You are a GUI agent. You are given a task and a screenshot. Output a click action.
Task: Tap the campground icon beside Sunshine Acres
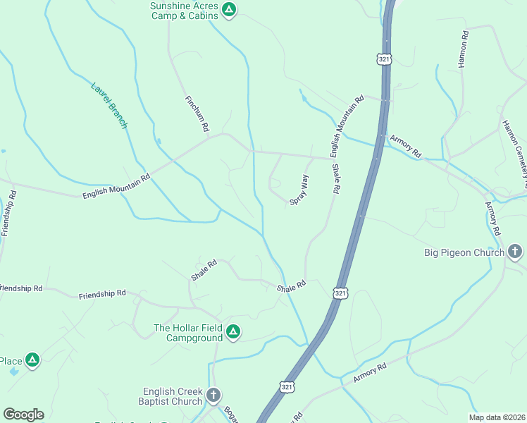point(228,9)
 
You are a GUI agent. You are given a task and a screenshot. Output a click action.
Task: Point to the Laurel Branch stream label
point(109,106)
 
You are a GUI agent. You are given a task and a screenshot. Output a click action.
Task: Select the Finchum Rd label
point(197,114)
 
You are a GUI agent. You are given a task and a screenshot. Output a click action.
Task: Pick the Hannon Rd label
point(463,49)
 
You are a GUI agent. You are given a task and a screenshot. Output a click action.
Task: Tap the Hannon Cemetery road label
point(514,148)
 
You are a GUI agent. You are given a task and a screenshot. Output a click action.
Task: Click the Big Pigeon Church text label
point(464,252)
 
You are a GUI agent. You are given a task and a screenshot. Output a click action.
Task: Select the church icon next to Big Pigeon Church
point(515,251)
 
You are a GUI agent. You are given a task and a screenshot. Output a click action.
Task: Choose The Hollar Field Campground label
point(188,333)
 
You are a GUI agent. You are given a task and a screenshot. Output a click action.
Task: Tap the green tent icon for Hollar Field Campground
point(233,331)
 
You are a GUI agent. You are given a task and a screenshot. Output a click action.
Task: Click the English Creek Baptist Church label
point(173,396)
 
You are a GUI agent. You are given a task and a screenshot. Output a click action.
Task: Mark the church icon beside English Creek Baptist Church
point(214,396)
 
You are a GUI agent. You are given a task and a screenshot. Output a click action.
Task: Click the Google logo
point(23,415)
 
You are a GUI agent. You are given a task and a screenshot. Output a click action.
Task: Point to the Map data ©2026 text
point(497,417)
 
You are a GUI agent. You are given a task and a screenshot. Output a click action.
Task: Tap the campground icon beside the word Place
point(32,361)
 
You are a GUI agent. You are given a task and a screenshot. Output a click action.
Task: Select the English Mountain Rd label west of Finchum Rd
point(116,187)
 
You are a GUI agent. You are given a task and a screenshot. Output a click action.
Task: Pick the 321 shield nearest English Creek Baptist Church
point(287,387)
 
